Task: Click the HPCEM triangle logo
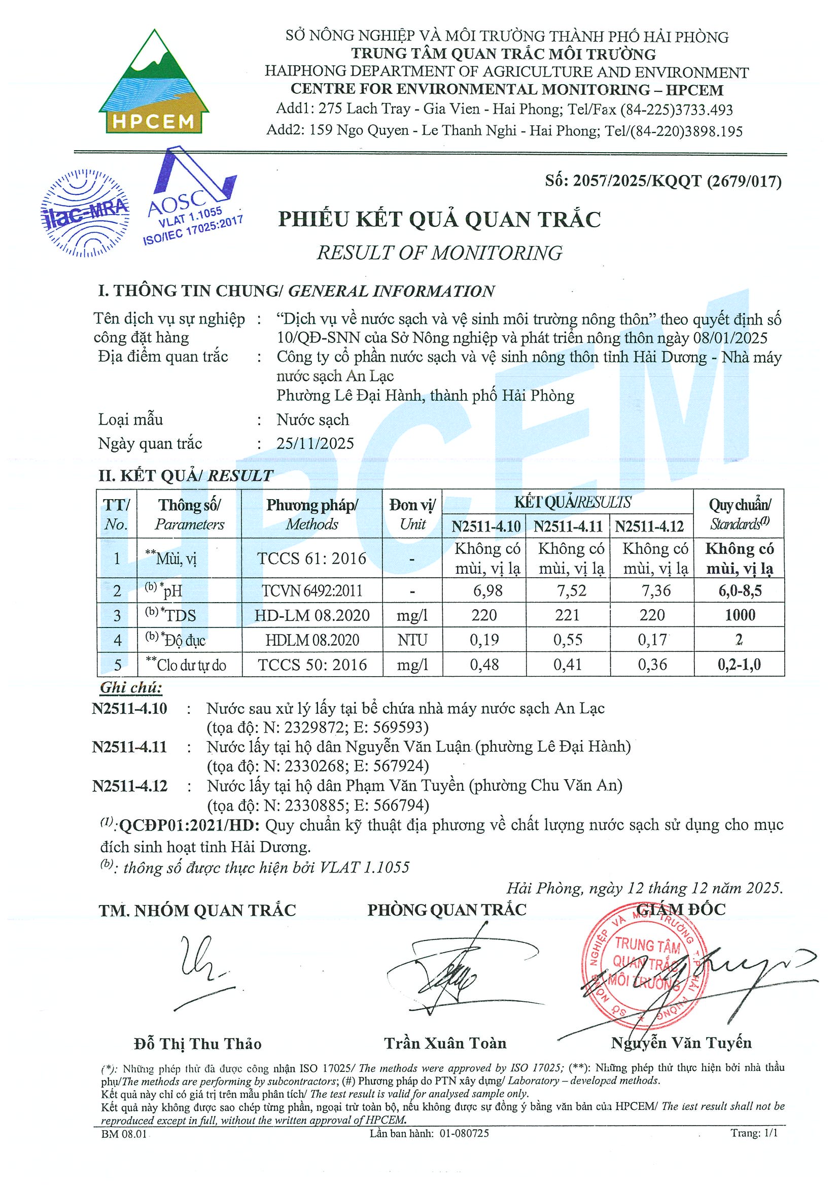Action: (x=154, y=83)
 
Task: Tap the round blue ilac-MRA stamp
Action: (x=85, y=213)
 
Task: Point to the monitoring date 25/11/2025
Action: (x=316, y=443)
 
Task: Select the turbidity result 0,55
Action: (x=568, y=640)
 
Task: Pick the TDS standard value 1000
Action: (x=740, y=615)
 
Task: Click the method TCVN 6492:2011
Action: (x=312, y=590)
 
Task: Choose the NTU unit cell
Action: (x=412, y=640)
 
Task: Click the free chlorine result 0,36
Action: (x=652, y=665)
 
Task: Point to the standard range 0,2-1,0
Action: (x=739, y=665)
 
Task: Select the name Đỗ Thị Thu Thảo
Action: (x=197, y=1044)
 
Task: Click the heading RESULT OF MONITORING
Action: (x=439, y=253)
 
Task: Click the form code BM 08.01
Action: (x=125, y=1134)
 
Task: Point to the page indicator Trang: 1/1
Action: (x=754, y=1133)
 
